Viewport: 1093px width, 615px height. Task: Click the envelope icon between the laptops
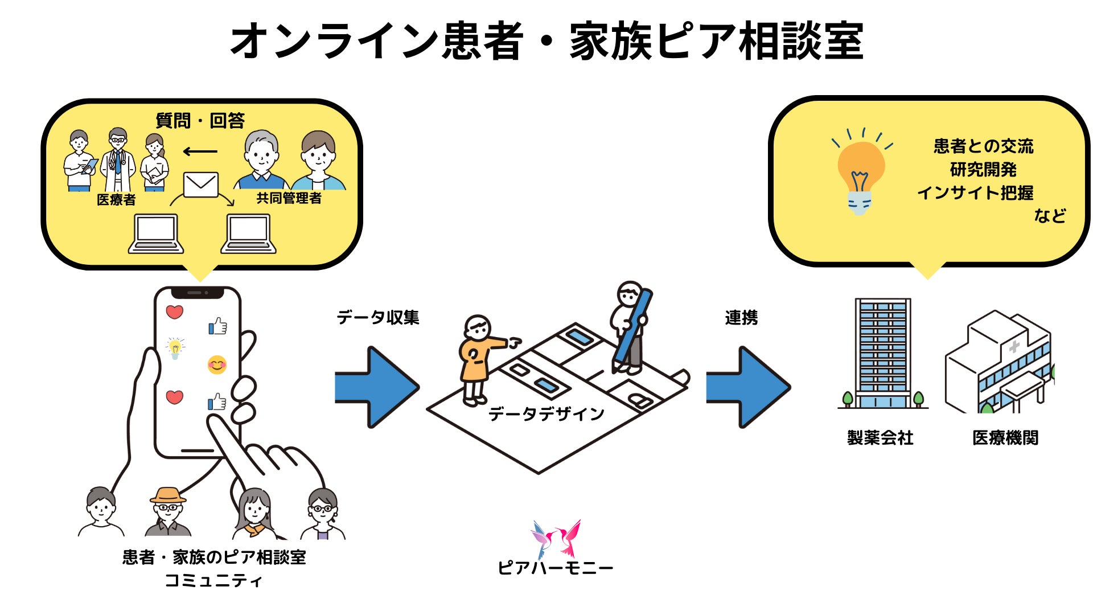[201, 184]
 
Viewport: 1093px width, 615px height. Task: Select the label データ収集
[378, 317]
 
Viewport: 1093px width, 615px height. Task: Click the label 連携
[741, 318]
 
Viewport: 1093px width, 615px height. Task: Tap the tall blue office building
[882, 353]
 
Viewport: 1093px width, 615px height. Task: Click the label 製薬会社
[880, 438]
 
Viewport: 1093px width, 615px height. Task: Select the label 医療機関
[1005, 438]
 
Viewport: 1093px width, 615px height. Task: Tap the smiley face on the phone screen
[217, 364]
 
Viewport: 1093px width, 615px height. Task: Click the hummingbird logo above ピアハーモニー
[556, 538]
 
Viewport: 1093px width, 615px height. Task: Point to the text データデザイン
[546, 414]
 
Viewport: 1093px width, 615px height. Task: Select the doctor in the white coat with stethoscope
[118, 159]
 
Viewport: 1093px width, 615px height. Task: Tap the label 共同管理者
[289, 198]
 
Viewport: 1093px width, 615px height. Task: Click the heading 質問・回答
[200, 121]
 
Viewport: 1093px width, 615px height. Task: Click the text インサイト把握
[975, 193]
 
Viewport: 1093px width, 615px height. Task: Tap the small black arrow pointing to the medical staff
[200, 151]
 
